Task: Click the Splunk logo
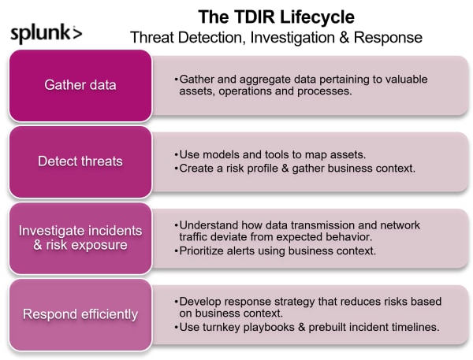tap(47, 34)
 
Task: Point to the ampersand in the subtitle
tap(344, 37)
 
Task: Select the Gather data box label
tap(80, 85)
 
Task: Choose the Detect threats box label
tap(80, 161)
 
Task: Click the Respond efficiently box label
tap(80, 314)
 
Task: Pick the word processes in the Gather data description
tap(324, 91)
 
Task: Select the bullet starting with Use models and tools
tap(270, 154)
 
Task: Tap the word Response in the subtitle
tap(388, 37)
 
